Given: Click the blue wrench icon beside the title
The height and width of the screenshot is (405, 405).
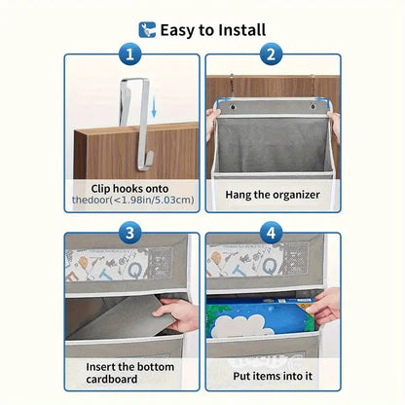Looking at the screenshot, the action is (x=147, y=30).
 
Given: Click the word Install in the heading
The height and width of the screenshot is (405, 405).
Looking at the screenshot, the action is (x=241, y=30).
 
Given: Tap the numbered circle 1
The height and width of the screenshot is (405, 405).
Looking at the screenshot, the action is (x=129, y=54).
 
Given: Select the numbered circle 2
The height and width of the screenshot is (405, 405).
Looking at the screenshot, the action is (x=272, y=54).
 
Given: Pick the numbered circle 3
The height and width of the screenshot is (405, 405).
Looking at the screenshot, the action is (x=129, y=233).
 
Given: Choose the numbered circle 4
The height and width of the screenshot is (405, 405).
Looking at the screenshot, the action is (x=272, y=233).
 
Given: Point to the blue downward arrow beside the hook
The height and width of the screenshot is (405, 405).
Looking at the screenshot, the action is (x=154, y=107).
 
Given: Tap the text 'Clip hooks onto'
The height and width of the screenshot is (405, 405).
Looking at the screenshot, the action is (x=129, y=189).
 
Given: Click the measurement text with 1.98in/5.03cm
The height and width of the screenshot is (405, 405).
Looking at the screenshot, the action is (x=133, y=200).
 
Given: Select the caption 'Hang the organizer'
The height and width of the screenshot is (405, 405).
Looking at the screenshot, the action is (x=273, y=195).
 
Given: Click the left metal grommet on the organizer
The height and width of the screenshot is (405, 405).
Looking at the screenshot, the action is (x=233, y=106).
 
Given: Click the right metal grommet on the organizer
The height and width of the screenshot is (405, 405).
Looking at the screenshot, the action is (x=313, y=106).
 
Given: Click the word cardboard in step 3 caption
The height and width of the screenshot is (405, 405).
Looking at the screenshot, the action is (x=112, y=379).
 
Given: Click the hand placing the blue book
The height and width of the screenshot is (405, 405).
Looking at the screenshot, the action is (x=324, y=307).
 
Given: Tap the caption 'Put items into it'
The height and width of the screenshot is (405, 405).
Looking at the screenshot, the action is (x=273, y=376).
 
